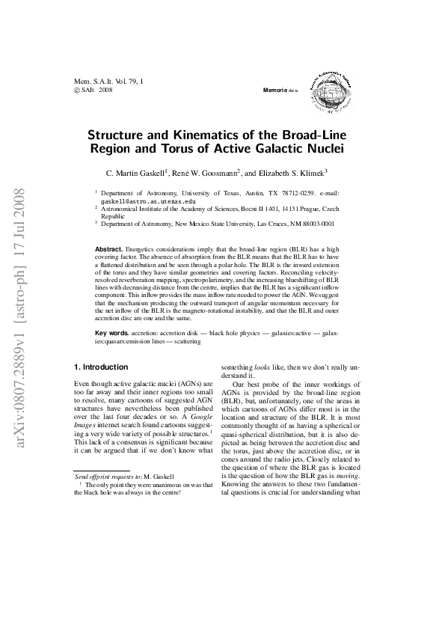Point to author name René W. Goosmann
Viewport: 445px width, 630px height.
point(206,172)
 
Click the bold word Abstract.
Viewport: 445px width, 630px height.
point(109,248)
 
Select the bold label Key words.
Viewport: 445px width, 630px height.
point(111,331)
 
